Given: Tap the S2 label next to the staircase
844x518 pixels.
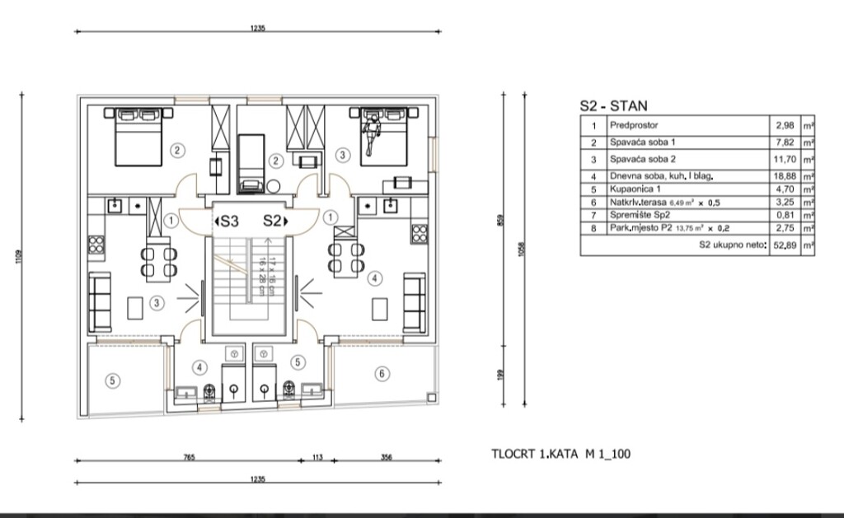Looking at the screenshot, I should (274, 221).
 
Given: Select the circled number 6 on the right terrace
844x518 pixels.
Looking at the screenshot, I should (380, 374).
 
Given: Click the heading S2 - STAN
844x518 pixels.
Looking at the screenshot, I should (614, 105).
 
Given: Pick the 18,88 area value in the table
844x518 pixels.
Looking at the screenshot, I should (783, 176).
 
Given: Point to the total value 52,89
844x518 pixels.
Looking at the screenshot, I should (783, 245).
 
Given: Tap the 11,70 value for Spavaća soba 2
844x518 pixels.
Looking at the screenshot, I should (783, 160).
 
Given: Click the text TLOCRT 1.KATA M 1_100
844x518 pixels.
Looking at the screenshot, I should (561, 454).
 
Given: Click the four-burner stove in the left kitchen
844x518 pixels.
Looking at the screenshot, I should (96, 245).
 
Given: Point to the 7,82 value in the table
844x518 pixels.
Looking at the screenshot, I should (785, 142).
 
